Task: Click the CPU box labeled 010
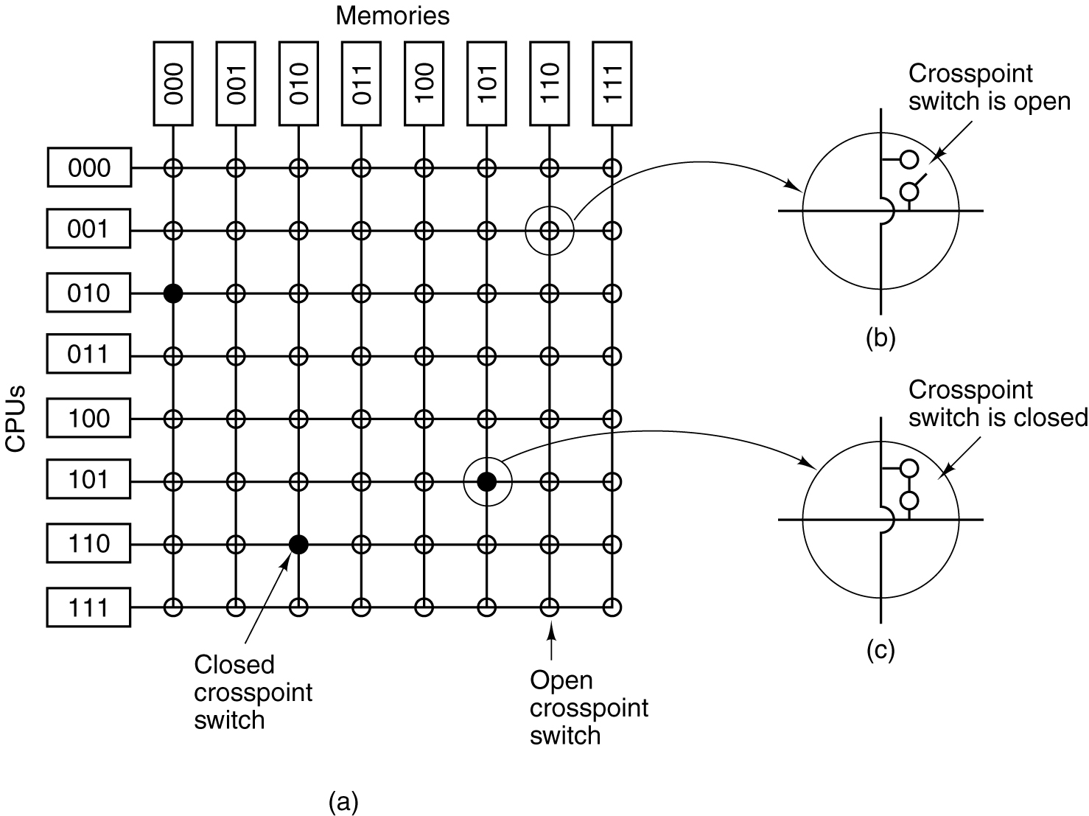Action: coord(88,293)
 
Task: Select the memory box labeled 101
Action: coord(487,83)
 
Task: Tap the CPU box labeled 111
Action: coord(88,608)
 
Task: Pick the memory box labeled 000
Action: coord(173,83)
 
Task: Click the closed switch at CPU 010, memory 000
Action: coord(173,293)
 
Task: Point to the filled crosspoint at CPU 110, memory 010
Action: coord(298,545)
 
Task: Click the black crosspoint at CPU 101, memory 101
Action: coord(486,481)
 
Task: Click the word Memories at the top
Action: coord(392,16)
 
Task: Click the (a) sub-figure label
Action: coord(343,801)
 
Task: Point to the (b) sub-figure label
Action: coord(880,338)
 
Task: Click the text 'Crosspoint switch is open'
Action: coord(989,87)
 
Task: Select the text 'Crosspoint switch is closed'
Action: coord(998,403)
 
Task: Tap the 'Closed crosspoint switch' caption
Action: coord(253,692)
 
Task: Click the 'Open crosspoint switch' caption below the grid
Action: coord(589,708)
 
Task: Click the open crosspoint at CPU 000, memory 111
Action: coord(612,168)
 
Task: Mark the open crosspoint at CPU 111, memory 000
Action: coord(173,608)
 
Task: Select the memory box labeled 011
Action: coord(362,83)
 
